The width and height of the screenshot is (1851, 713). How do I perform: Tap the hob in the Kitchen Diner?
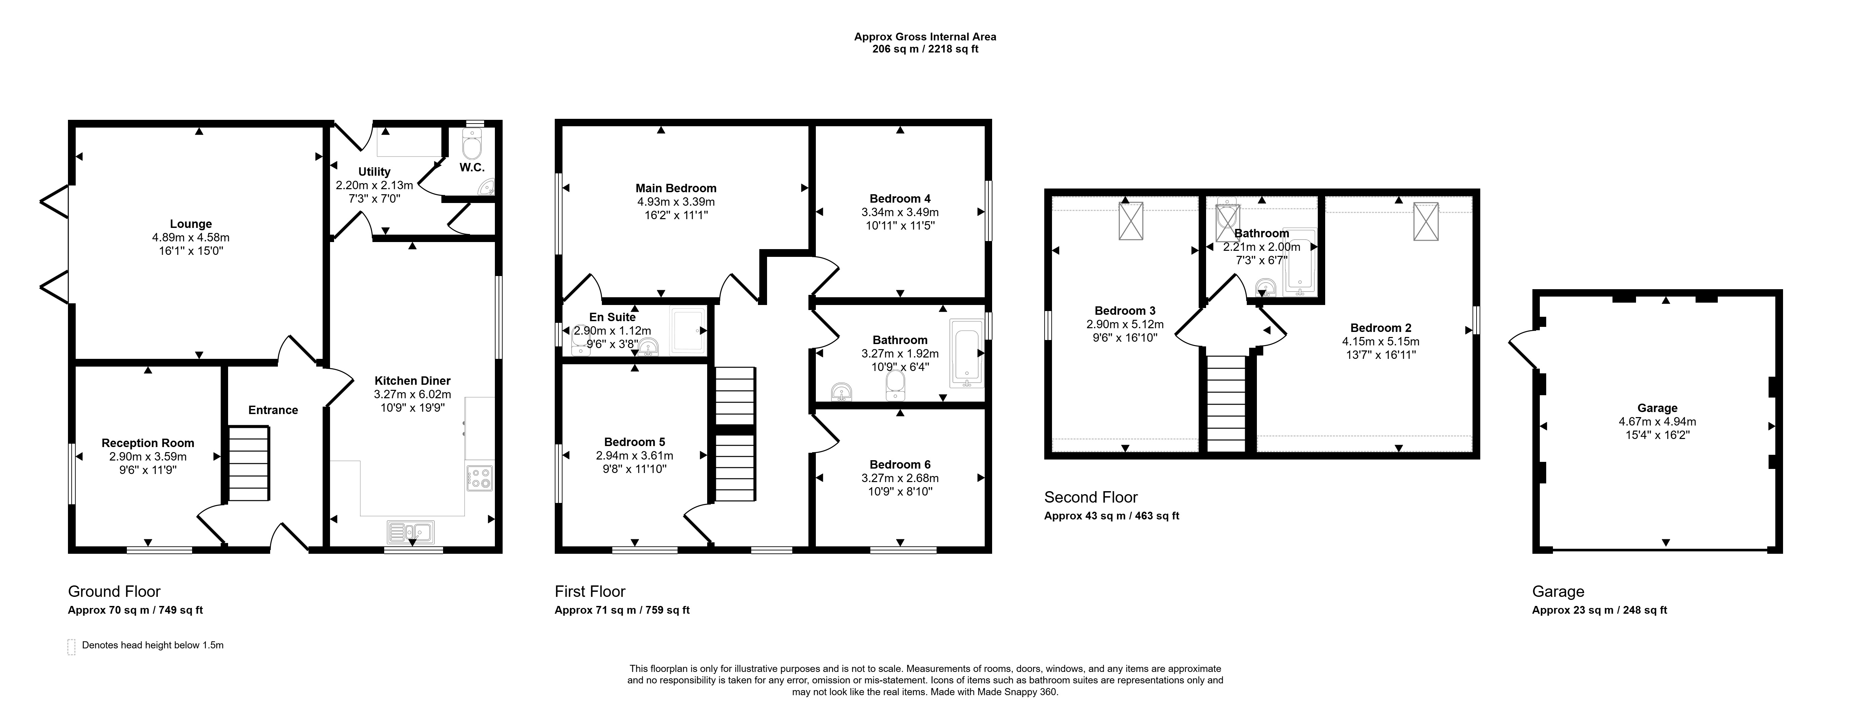[x=479, y=479]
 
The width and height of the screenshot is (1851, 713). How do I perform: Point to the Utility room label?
[x=374, y=172]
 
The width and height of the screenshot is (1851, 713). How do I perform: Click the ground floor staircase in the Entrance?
[x=249, y=464]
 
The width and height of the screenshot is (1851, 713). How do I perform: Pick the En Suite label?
[x=612, y=317]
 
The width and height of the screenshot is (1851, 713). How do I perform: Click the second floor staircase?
[x=1226, y=403]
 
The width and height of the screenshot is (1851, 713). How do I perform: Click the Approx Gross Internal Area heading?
[x=925, y=37]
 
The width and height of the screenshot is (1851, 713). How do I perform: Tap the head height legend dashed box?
[x=71, y=647]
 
